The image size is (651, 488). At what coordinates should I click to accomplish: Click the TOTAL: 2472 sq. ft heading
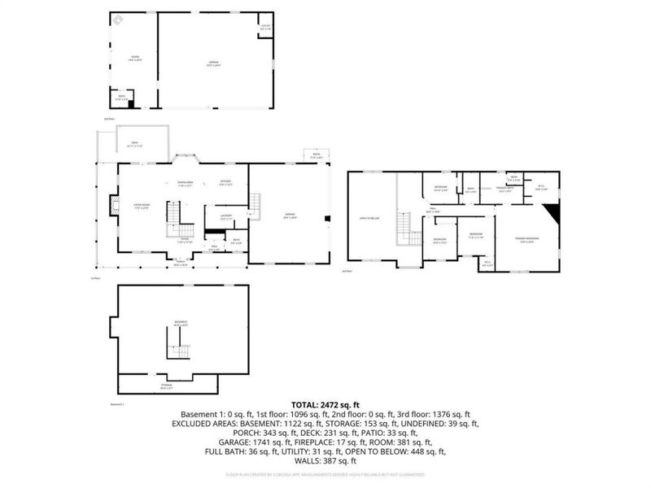click(x=325, y=405)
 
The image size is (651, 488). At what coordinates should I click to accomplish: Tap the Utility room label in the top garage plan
click(x=265, y=27)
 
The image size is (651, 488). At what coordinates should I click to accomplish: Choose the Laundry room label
click(x=227, y=216)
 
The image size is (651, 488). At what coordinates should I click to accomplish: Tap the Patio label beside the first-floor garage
click(x=315, y=156)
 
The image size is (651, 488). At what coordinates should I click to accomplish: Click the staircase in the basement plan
click(x=178, y=351)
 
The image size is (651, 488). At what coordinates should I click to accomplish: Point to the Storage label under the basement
click(x=166, y=386)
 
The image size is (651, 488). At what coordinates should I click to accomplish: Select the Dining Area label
click(x=186, y=183)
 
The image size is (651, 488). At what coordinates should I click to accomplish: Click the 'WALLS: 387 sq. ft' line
click(x=325, y=461)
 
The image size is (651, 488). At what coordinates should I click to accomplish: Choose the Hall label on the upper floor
click(x=435, y=210)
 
